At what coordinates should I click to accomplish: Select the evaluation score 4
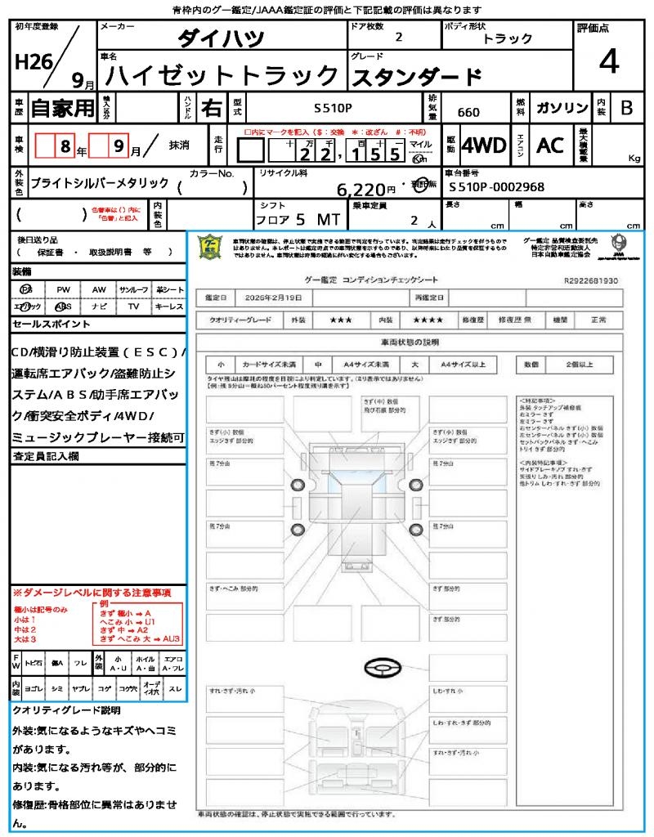click(607, 62)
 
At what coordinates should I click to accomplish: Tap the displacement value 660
click(468, 113)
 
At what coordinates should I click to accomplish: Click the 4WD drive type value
click(484, 145)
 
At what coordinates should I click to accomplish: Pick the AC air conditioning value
click(550, 145)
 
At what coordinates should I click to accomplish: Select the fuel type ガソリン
click(562, 108)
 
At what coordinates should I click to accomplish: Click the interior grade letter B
click(626, 108)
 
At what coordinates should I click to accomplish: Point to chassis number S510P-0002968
click(496, 187)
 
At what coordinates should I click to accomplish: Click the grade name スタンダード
click(416, 77)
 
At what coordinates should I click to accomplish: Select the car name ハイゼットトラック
click(222, 76)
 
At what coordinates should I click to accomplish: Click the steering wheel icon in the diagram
click(383, 669)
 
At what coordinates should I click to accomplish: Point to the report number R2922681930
click(590, 280)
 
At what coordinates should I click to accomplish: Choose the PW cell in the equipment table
click(63, 290)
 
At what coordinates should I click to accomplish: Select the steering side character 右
click(212, 108)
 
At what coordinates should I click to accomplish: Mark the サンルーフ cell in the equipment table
click(134, 290)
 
